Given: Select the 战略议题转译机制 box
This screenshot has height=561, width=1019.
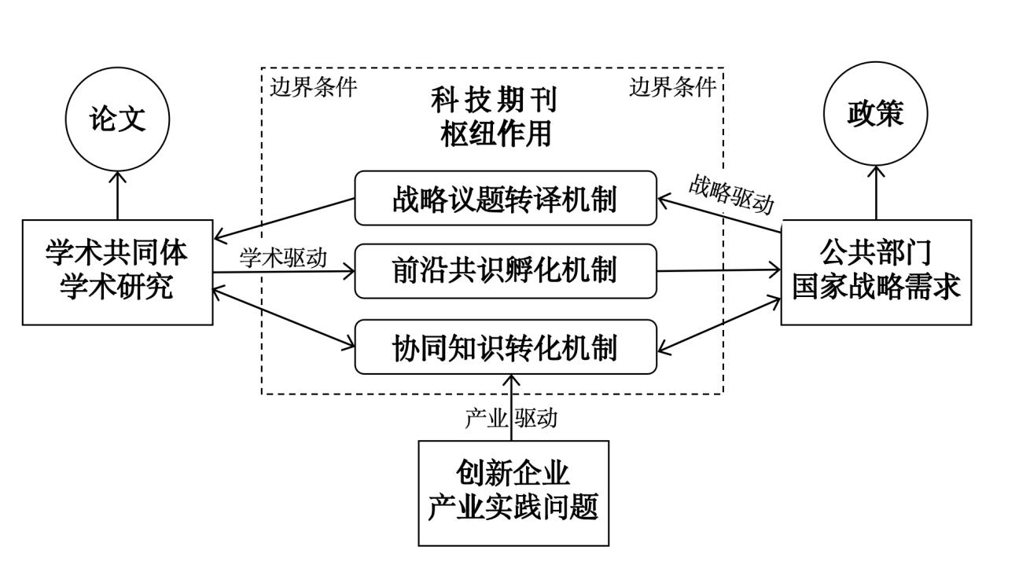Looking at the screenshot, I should point(505,198).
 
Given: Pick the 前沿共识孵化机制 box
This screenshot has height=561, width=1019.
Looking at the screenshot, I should point(505,271).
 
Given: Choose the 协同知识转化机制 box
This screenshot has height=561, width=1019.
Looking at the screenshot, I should point(505,346).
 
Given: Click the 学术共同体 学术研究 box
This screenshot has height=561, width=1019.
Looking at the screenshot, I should point(117,272).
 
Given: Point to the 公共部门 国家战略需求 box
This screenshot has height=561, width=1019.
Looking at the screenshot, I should point(875,272).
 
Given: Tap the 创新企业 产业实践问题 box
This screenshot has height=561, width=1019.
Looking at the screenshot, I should point(513,493).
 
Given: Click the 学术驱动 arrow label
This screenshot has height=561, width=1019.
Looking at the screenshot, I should point(283,258).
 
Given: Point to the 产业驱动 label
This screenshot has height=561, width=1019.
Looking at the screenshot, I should point(510,418).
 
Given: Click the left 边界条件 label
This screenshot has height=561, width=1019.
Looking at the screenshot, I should point(313,87).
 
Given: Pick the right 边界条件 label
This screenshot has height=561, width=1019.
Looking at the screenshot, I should point(673,87).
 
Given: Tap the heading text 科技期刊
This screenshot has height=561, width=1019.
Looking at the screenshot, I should point(494,101).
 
